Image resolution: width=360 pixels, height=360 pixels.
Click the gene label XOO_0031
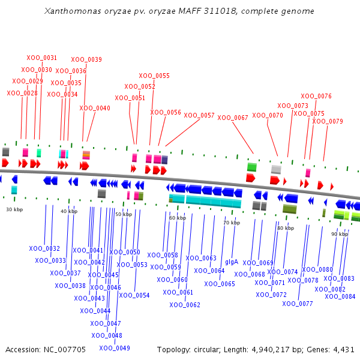click(x=42, y=58)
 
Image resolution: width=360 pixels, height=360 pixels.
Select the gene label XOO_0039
click(x=86, y=60)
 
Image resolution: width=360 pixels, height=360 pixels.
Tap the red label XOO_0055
click(x=154, y=76)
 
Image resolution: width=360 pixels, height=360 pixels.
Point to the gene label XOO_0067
click(x=233, y=118)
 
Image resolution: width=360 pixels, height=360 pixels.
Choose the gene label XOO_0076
click(x=316, y=96)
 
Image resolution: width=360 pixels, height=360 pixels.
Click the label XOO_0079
click(x=328, y=121)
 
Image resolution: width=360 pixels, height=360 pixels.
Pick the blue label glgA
click(x=232, y=262)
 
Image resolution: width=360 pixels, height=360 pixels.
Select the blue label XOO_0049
click(x=115, y=348)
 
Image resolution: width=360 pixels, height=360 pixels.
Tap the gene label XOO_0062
click(x=185, y=305)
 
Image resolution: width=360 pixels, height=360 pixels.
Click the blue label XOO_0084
click(x=340, y=296)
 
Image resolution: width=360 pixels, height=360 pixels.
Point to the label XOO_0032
click(x=44, y=248)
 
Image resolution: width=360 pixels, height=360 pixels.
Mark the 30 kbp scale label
click(x=14, y=209)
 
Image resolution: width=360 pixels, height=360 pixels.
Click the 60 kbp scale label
click(x=178, y=218)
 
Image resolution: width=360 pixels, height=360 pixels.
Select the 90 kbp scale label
click(x=340, y=234)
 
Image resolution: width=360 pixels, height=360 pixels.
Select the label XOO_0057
click(x=199, y=115)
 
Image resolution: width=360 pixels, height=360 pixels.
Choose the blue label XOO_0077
click(x=298, y=304)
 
